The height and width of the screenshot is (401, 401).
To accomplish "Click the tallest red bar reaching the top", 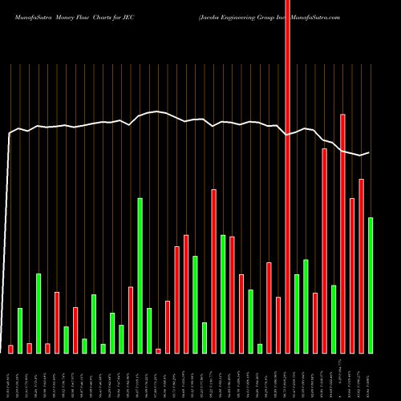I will point(287,176).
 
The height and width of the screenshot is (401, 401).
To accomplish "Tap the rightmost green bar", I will point(371,285).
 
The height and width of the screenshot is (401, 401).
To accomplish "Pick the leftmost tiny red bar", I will point(11,349).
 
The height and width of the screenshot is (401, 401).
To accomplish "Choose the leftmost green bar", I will point(20,330).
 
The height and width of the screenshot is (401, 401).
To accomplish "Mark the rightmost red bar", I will point(361,265).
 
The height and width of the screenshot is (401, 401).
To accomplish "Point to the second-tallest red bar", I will point(342,233).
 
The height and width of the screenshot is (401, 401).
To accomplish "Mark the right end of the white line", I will point(369,152).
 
